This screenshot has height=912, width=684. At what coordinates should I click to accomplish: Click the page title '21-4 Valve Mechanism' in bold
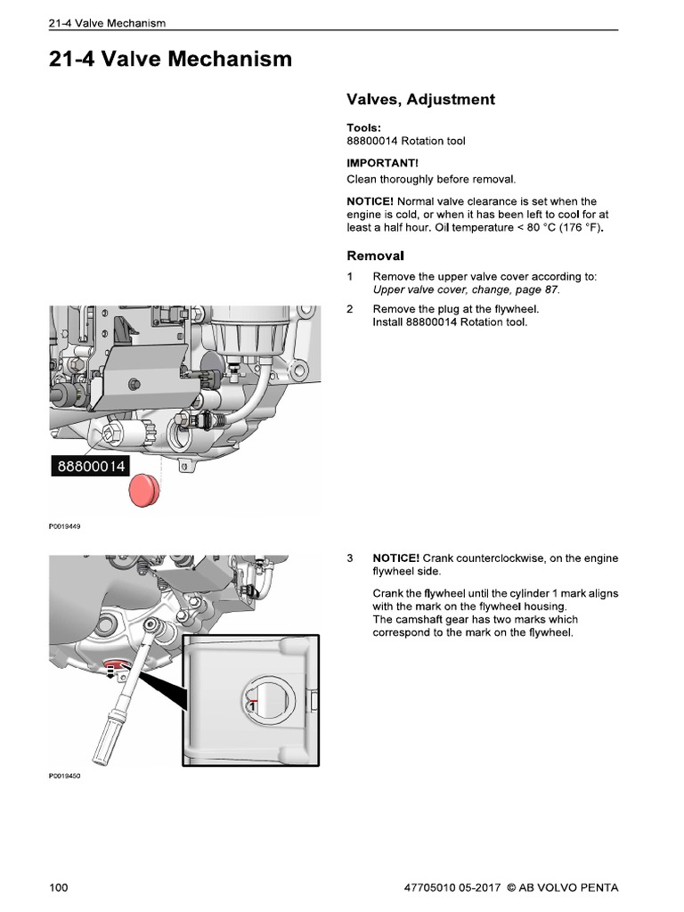(x=170, y=60)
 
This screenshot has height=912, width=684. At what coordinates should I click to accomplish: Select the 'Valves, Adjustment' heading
(x=419, y=100)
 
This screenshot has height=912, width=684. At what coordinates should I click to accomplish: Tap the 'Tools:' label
(x=363, y=127)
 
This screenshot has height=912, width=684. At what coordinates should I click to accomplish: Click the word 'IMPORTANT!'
(x=382, y=163)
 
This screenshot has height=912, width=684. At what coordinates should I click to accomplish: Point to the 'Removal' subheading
(x=375, y=255)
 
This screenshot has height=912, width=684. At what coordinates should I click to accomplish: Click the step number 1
(x=350, y=277)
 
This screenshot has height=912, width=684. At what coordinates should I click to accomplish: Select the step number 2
(x=350, y=309)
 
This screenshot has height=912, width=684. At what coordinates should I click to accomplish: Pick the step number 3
(x=350, y=558)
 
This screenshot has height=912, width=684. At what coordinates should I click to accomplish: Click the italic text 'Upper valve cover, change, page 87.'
(x=467, y=289)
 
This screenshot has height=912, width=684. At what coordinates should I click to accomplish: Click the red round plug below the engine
(x=144, y=490)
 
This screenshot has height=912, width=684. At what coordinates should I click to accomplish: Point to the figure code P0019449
(x=64, y=526)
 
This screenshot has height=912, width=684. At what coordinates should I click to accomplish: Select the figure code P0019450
(x=64, y=776)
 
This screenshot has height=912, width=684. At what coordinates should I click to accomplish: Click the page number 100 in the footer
(x=59, y=887)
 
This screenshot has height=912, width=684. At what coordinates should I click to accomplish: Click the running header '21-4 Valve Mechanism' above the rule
(x=108, y=22)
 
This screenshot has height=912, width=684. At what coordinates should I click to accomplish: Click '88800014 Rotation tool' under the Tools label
(x=405, y=141)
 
